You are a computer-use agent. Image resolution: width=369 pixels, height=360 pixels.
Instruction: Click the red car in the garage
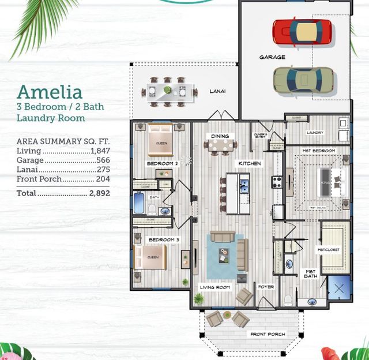[303, 33]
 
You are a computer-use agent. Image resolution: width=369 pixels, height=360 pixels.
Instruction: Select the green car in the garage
[303, 80]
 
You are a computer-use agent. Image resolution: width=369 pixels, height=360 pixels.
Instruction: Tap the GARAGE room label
[272, 57]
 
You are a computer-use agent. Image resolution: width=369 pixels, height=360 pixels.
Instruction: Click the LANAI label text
[217, 91]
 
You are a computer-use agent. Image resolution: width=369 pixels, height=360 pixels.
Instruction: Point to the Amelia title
[49, 92]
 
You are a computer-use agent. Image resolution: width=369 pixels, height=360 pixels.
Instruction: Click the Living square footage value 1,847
[99, 150]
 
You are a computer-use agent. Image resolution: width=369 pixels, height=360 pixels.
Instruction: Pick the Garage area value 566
[103, 160]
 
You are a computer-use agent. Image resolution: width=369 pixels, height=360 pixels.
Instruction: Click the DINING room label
[220, 136]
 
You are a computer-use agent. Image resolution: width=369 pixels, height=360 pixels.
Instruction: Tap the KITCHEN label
[250, 164]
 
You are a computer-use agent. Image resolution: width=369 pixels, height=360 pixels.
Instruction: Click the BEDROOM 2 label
[162, 164]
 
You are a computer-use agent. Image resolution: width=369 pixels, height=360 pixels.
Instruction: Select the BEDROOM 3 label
[164, 239]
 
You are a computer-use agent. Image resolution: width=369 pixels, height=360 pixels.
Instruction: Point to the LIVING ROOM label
[215, 287]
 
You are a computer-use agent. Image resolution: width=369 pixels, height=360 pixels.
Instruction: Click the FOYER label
[266, 287]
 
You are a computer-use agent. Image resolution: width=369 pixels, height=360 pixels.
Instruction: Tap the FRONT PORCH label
[267, 334]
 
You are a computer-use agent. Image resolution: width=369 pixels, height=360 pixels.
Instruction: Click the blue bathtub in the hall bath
[140, 203]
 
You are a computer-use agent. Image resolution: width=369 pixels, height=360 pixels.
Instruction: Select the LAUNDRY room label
[315, 133]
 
